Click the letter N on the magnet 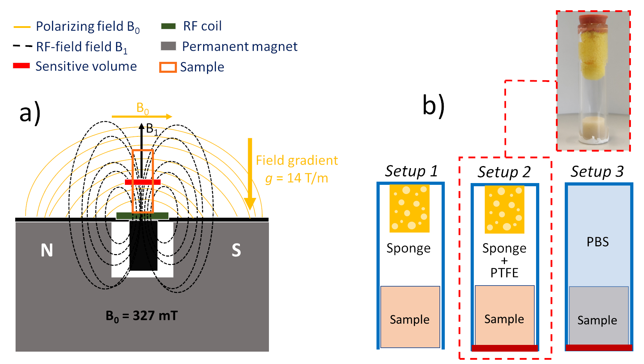click(x=47, y=250)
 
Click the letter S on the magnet click(x=236, y=250)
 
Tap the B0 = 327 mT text click(x=142, y=316)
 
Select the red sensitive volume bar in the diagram click(x=143, y=182)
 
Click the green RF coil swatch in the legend click(x=168, y=26)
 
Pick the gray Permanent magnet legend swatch click(x=168, y=46)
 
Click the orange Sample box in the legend click(x=168, y=67)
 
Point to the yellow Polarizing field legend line click(x=22, y=27)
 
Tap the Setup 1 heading click(x=411, y=171)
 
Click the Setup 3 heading click(x=597, y=172)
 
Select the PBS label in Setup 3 click(x=598, y=242)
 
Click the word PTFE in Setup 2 click(x=504, y=273)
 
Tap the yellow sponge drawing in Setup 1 click(x=409, y=209)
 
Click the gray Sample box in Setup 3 click(x=599, y=316)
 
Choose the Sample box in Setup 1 click(x=410, y=317)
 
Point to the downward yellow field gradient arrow click(x=250, y=173)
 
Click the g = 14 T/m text click(x=297, y=178)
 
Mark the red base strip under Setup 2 click(x=505, y=348)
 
